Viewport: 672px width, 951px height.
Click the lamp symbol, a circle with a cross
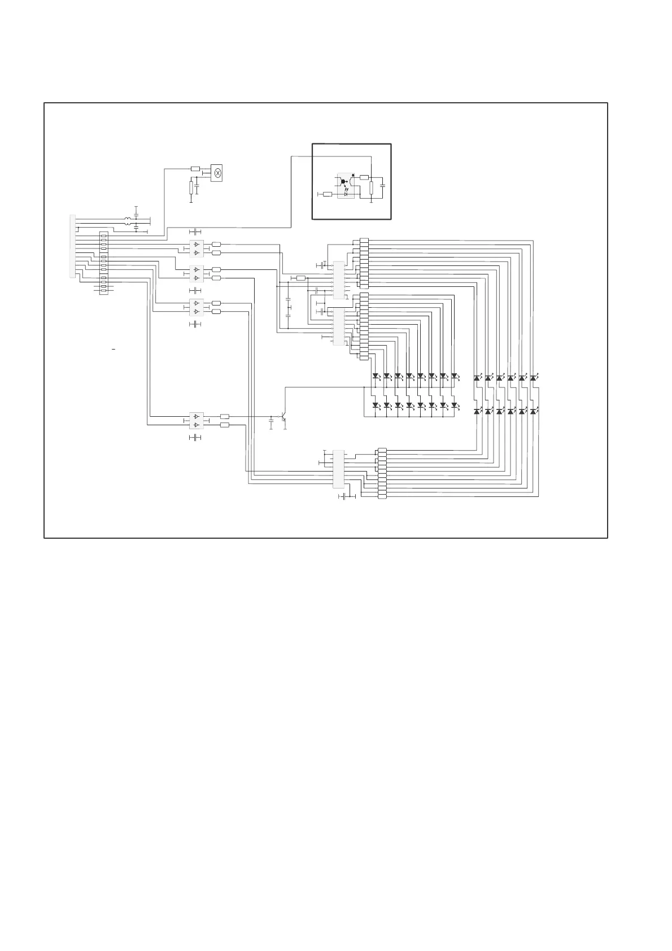[x=217, y=172]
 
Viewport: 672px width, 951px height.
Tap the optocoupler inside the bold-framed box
[x=346, y=185]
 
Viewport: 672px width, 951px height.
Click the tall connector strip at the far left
[x=72, y=246]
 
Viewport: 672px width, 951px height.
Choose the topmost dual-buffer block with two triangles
[x=196, y=248]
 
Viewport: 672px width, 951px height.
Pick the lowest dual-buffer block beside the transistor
[x=196, y=420]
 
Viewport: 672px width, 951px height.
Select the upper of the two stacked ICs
[x=339, y=280]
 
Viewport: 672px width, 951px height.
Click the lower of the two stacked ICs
[x=339, y=327]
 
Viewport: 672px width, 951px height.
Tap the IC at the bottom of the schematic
[x=339, y=469]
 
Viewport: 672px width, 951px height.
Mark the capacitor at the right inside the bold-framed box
[x=383, y=185]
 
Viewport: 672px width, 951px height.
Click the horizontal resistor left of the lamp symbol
[x=195, y=168]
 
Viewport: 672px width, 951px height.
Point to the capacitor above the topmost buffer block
[x=195, y=232]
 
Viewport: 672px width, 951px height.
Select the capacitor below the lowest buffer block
[x=195, y=438]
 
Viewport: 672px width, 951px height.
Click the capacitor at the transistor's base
[x=272, y=420]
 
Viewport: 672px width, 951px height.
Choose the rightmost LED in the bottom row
[x=533, y=412]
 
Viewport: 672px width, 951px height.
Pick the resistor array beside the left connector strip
[x=103, y=263]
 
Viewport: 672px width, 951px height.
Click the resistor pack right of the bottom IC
[x=382, y=474]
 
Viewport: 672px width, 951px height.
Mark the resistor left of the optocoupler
[x=327, y=194]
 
